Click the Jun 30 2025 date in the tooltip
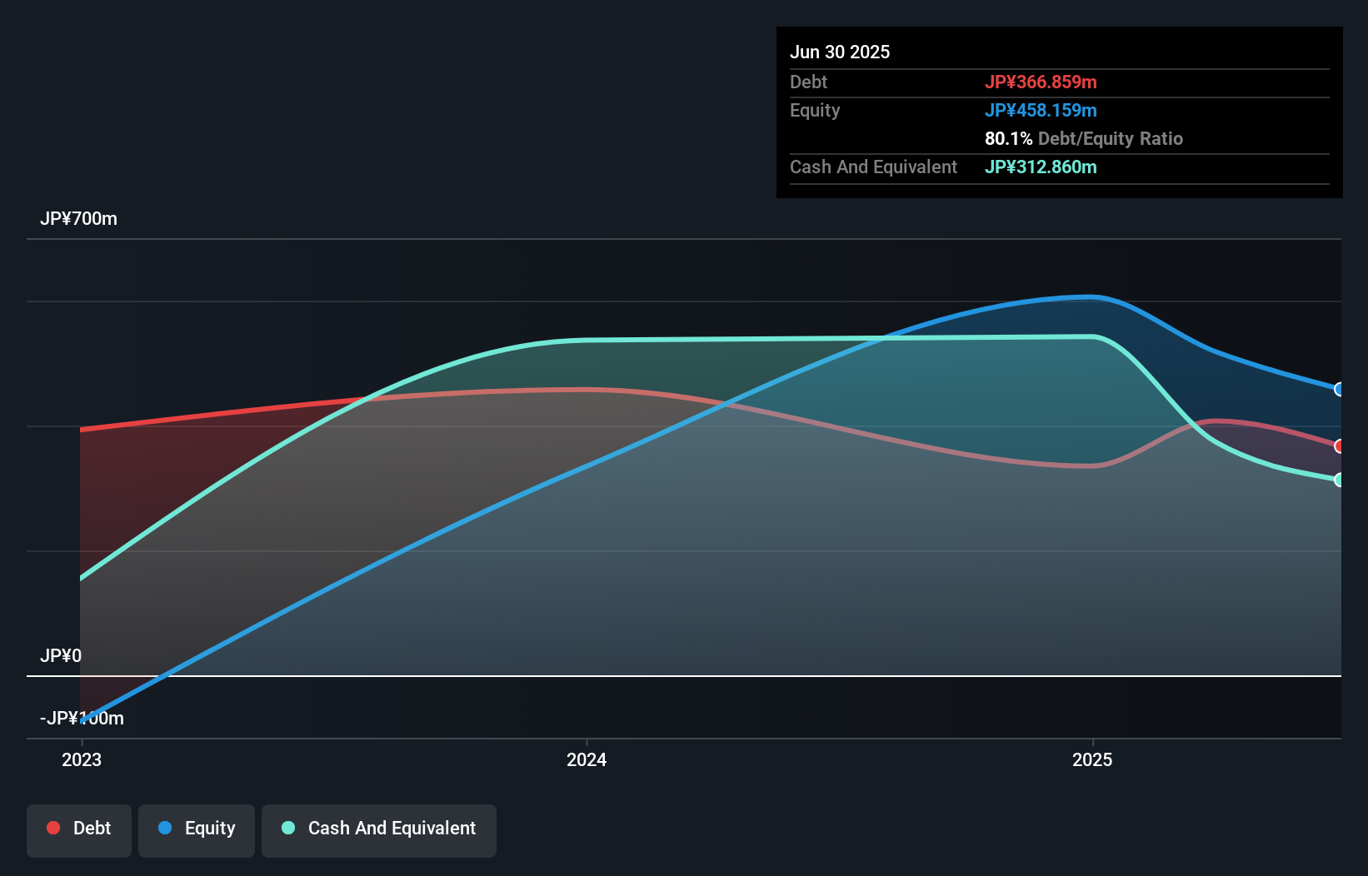coord(839,52)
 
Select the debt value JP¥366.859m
coord(1040,82)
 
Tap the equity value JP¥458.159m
coord(1040,110)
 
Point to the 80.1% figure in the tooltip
coord(1008,138)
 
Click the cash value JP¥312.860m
coord(1040,167)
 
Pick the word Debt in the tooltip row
coord(808,82)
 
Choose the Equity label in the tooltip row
coord(814,110)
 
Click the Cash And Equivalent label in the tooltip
coord(873,167)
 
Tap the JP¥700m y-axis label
coord(78,218)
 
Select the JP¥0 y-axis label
coord(60,655)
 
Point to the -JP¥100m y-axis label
coord(82,718)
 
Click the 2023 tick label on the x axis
coord(82,759)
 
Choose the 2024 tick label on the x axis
coord(587,759)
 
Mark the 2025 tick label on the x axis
coord(1092,759)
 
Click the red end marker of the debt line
coord(1339,446)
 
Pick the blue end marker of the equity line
coord(1339,389)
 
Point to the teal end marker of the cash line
coord(1339,480)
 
